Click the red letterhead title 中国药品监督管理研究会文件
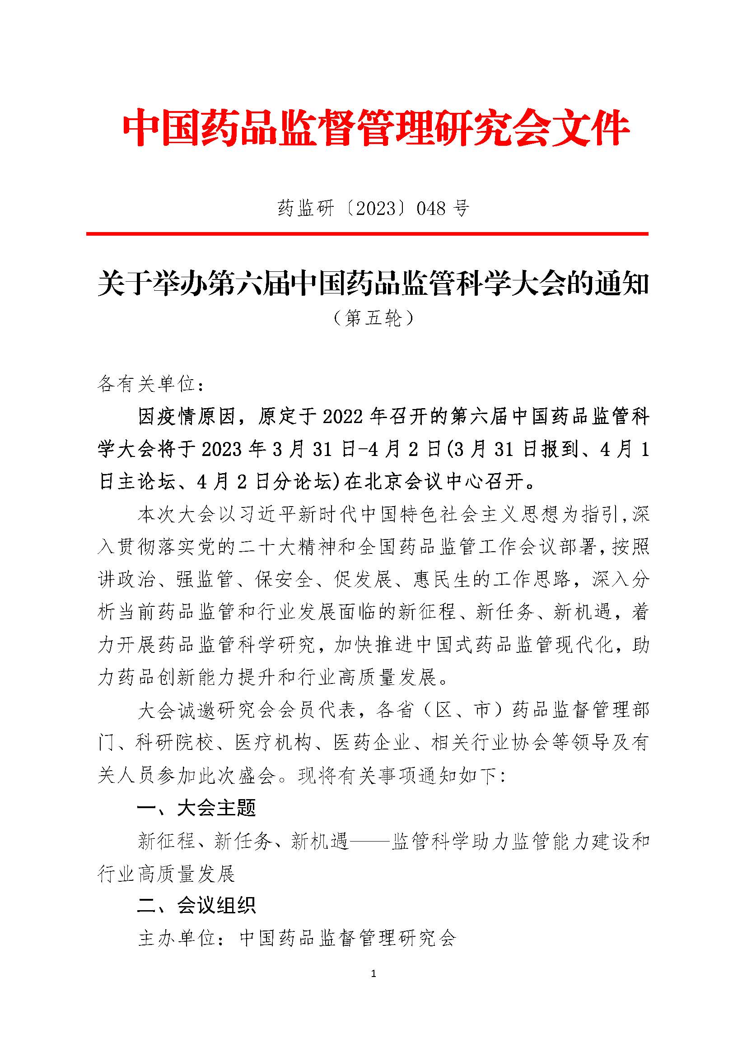tap(375, 127)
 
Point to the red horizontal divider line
tap(367, 234)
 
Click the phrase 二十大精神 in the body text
tap(301, 548)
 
